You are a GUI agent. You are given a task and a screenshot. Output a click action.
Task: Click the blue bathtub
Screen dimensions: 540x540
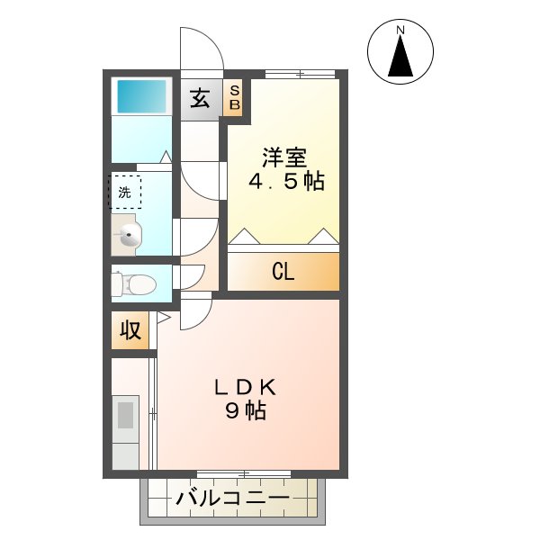140,96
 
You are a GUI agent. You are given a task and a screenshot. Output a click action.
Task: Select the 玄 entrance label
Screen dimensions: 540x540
200,97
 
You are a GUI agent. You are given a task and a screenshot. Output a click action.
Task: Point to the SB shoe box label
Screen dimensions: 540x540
234,97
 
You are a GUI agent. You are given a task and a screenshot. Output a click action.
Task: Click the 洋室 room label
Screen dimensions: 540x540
284,158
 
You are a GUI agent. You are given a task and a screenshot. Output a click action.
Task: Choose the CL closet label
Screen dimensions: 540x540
283,273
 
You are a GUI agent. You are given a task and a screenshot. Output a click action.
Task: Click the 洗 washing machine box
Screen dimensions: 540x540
125,192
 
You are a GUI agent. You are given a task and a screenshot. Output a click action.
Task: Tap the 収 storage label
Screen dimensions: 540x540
130,330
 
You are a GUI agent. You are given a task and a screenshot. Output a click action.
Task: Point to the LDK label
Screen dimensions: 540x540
245,388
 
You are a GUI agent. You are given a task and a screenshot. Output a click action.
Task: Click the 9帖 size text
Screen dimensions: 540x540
245,412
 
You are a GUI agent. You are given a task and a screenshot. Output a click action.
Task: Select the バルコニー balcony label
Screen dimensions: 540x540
232,499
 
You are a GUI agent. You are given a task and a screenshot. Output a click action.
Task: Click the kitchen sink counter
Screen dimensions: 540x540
126,418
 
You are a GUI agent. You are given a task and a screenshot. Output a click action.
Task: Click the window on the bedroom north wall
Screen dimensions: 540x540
298,74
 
